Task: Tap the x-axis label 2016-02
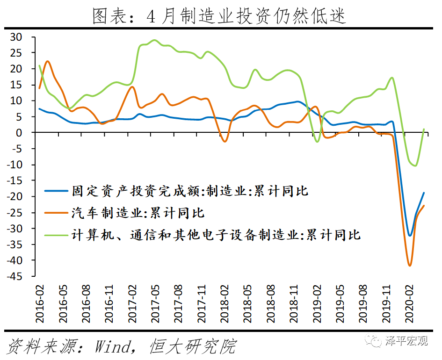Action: coord(41,304)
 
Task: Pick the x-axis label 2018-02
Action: coord(225,304)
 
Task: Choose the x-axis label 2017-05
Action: coord(156,304)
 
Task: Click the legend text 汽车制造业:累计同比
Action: coord(138,213)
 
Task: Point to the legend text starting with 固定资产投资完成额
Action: coord(190,191)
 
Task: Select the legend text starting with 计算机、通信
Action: coord(216,234)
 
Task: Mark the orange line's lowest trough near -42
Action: coord(410,266)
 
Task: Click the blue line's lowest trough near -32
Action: coord(410,236)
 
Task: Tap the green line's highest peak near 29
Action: coord(155,40)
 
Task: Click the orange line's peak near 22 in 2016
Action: coord(48,61)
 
